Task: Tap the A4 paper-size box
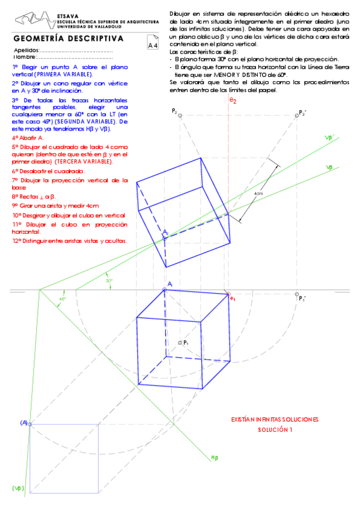click(153, 45)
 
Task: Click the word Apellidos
click(27, 51)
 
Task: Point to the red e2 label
click(233, 102)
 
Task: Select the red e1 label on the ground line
click(233, 297)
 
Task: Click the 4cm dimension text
click(258, 193)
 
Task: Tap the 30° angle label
click(109, 280)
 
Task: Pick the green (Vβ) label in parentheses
click(17, 488)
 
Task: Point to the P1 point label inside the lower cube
click(186, 342)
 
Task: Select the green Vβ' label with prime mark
click(329, 138)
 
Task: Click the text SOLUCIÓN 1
click(275, 430)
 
